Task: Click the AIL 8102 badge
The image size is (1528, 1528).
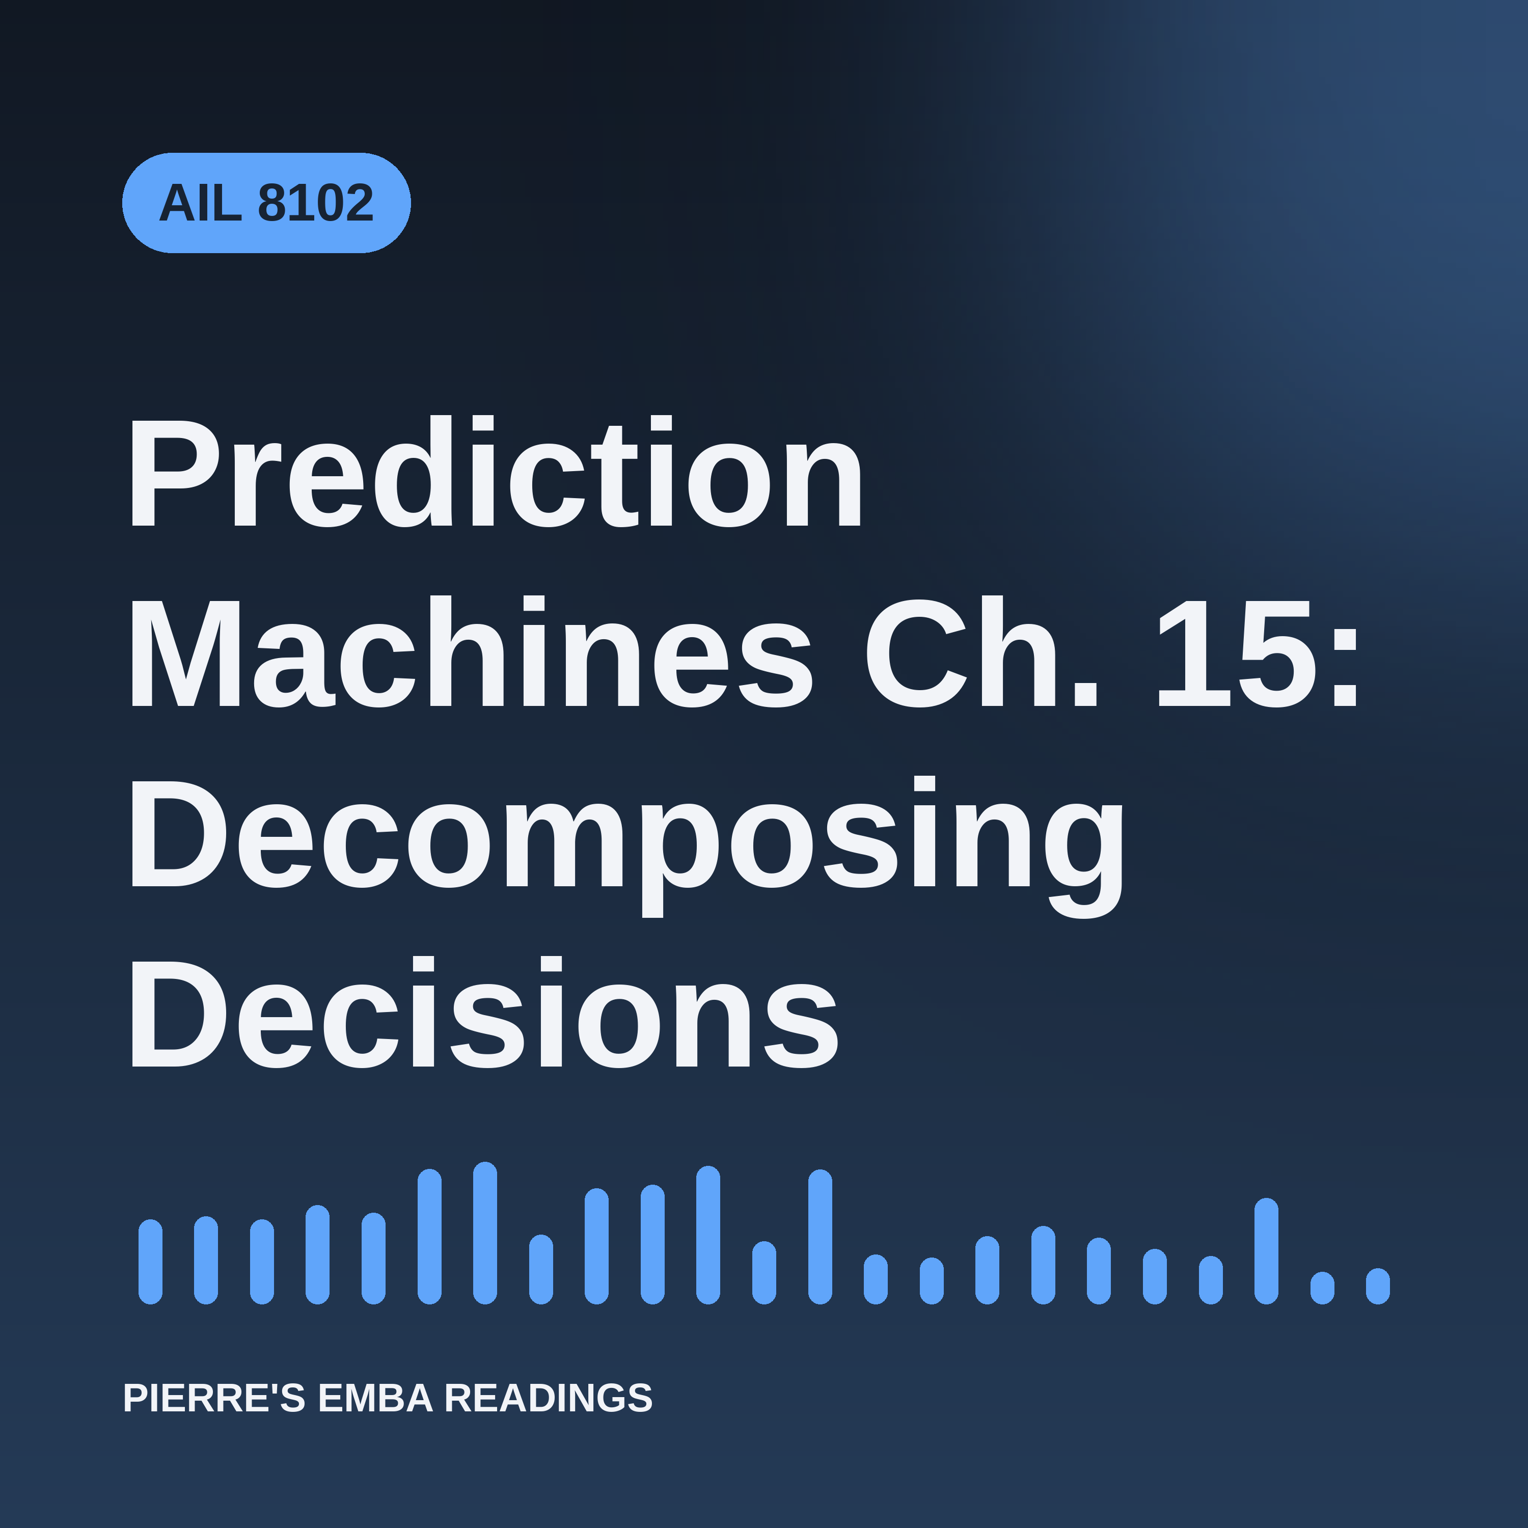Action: point(266,203)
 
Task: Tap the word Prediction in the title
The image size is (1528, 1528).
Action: point(495,471)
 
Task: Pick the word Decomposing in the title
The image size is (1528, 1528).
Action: point(626,846)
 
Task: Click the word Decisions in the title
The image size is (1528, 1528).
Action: point(483,1013)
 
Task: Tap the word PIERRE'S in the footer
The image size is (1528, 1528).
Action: point(213,1398)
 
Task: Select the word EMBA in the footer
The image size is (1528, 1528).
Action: point(375,1398)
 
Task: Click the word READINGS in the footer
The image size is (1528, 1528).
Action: point(548,1398)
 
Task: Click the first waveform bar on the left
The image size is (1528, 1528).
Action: point(150,1262)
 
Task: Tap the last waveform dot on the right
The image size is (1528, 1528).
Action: point(1378,1286)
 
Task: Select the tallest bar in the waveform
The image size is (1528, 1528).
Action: point(485,1233)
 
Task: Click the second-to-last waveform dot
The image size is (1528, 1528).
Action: point(1322,1288)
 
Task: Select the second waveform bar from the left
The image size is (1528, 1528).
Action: point(206,1260)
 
